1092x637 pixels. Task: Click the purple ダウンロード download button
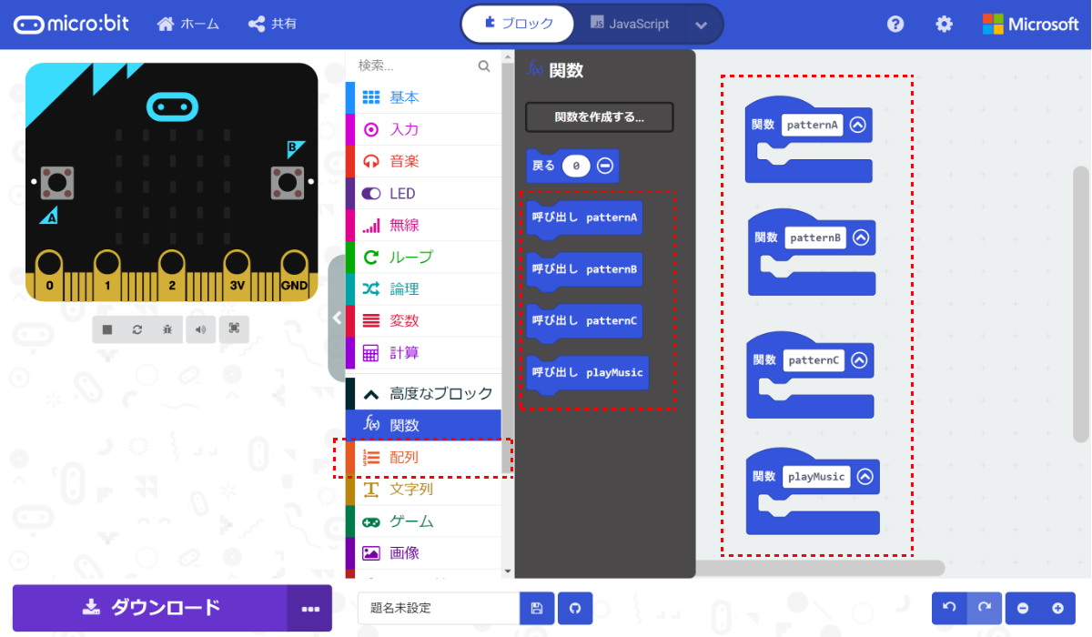click(x=150, y=608)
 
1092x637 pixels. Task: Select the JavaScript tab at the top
click(x=630, y=24)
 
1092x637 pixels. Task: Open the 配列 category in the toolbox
click(x=404, y=458)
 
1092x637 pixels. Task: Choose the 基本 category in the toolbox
click(x=404, y=97)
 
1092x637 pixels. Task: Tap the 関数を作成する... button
click(x=599, y=117)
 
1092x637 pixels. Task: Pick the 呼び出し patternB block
click(x=585, y=269)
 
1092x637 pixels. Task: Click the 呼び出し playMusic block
click(x=588, y=372)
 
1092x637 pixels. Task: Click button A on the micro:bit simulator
click(x=56, y=182)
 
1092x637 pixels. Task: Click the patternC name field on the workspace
click(x=814, y=360)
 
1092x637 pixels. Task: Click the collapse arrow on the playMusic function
click(x=864, y=477)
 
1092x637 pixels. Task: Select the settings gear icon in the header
click(x=945, y=25)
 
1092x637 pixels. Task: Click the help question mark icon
click(x=895, y=25)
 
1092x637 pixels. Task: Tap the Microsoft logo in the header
click(x=1030, y=25)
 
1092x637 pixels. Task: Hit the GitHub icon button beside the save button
click(x=574, y=608)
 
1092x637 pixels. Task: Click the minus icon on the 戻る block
click(x=604, y=167)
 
